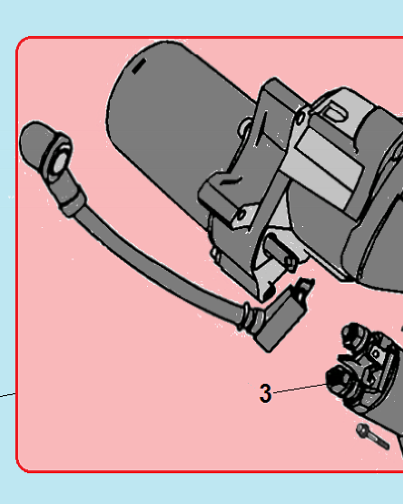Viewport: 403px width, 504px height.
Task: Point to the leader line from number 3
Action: [x=300, y=388]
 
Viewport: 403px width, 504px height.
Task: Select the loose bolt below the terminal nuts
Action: [x=372, y=436]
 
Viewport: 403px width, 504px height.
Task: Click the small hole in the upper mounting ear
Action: [x=301, y=118]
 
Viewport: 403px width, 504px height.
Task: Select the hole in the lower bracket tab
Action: [x=240, y=215]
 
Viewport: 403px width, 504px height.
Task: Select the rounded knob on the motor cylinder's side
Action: [x=244, y=128]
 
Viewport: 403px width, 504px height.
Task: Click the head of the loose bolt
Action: [x=362, y=429]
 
